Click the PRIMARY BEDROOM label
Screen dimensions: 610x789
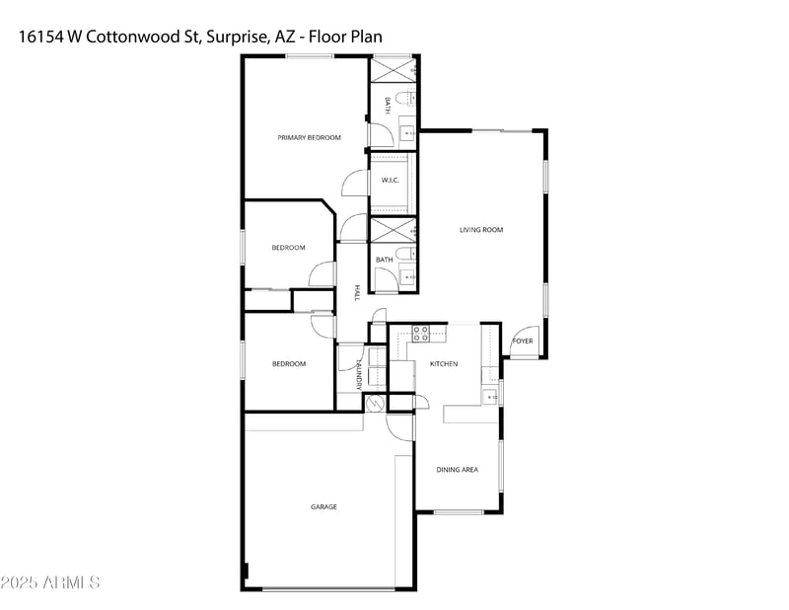[x=309, y=137]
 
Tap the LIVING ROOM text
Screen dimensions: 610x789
[x=481, y=230]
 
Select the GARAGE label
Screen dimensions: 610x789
[x=324, y=506]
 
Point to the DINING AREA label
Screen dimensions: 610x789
[x=458, y=470]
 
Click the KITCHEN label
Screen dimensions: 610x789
[x=444, y=364]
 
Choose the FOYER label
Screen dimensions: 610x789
[x=522, y=342]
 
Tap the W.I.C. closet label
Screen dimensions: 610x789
[x=390, y=181]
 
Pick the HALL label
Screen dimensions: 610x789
[x=356, y=293]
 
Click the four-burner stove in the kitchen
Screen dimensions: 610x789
[x=419, y=334]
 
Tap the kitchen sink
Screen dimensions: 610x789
[x=490, y=396]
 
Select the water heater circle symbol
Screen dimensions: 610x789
[x=374, y=403]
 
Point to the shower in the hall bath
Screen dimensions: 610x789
[x=393, y=229]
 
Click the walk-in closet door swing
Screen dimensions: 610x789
[x=353, y=184]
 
